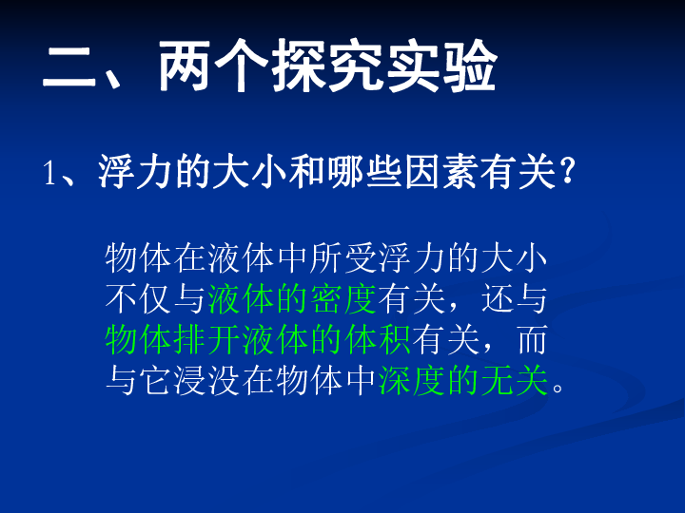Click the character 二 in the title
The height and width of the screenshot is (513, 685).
tap(69, 66)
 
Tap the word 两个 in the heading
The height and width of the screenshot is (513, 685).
tap(213, 66)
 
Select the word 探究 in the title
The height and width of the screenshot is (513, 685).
tap(327, 66)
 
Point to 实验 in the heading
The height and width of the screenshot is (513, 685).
tap(441, 66)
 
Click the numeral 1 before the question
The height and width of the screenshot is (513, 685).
tap(49, 173)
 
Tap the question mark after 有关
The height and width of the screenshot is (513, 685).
tap(567, 171)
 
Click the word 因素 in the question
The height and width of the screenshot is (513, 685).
tap(442, 172)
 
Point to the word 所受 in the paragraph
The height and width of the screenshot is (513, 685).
tap(344, 257)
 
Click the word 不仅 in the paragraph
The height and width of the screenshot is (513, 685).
tap(138, 299)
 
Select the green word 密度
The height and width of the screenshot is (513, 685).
tap(344, 299)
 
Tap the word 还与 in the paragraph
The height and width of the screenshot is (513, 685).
tap(514, 299)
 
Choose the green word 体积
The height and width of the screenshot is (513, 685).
tap(379, 340)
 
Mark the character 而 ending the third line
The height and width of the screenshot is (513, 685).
tap(532, 340)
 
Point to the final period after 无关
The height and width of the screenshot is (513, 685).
tap(558, 388)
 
